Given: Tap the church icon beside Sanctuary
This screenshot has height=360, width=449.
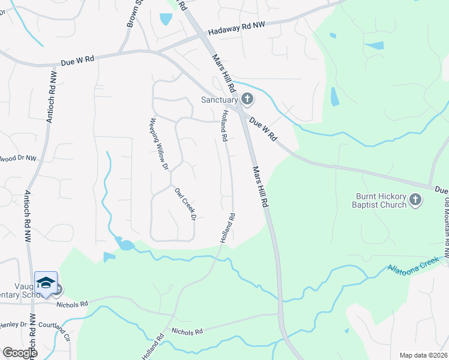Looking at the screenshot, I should tap(247, 99).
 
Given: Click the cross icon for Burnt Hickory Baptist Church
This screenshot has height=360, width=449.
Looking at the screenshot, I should tap(415, 200).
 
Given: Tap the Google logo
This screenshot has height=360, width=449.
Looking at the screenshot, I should tap(19, 353).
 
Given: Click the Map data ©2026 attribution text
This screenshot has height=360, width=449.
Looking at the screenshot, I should tap(423, 355).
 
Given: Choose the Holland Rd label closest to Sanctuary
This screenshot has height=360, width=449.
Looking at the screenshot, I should tap(224, 125).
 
